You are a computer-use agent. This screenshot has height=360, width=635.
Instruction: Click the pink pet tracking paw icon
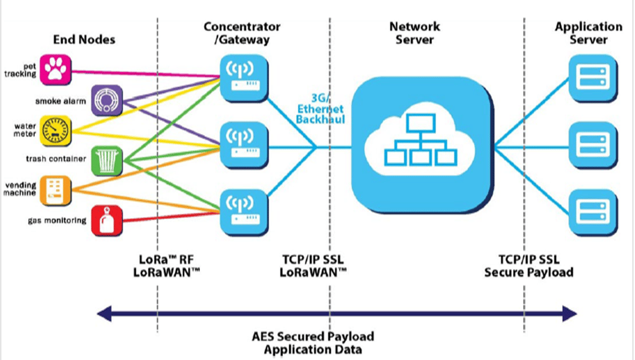pos(56,68)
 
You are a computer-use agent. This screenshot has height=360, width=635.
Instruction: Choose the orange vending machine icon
pos(56,190)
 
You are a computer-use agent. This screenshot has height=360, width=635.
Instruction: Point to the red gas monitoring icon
pos(106,221)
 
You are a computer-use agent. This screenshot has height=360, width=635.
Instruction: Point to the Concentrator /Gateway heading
pos(242,33)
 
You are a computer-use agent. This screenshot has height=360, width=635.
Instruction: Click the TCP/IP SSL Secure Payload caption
pos(528,266)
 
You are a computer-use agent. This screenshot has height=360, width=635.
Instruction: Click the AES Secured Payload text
pos(313,336)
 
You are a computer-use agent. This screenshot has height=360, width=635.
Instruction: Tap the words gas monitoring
pos(56,221)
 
